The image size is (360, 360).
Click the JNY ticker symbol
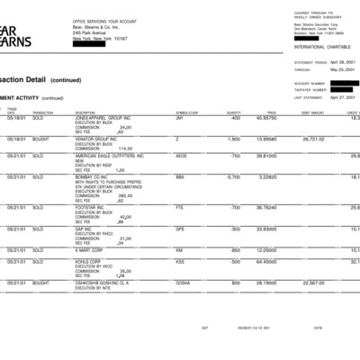[180, 118]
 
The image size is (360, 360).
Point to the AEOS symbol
[181, 156]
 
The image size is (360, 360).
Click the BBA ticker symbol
[180, 177]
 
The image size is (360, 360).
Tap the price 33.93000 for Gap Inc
[265, 229]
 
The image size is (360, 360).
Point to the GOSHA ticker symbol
[183, 283]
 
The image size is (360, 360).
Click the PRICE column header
[271, 112]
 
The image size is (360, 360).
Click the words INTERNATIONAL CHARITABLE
[322, 45]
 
